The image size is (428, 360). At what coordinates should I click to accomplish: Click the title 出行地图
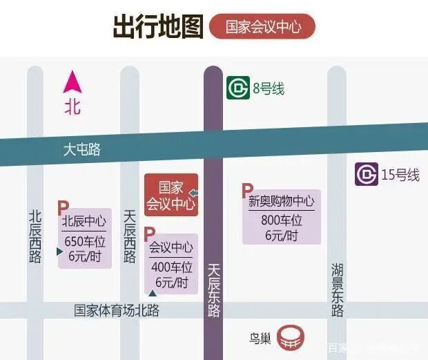157,26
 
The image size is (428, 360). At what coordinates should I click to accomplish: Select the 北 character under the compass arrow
72,107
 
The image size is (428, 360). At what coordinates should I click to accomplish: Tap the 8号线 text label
269,88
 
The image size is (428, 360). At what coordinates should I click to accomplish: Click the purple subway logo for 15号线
367,174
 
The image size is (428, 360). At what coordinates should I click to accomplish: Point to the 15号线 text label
400,175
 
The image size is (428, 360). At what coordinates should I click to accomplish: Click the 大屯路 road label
81,149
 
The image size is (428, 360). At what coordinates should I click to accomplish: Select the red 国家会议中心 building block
171,196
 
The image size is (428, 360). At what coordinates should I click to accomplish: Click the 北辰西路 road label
35,236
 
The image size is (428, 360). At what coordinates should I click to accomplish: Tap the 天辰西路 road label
130,236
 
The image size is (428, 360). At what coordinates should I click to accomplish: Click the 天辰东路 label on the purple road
214,290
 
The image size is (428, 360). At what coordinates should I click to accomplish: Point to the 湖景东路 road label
337,290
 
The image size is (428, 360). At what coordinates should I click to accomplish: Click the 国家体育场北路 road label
117,310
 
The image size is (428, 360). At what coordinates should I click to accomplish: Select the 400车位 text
171,267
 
